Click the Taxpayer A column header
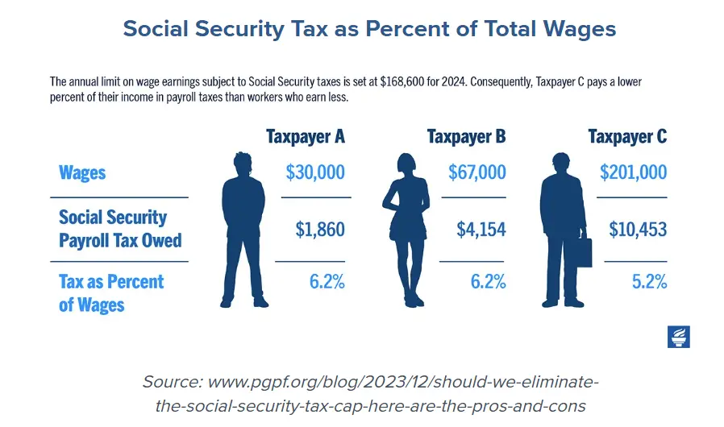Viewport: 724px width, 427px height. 305,136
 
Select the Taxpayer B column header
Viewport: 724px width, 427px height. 467,136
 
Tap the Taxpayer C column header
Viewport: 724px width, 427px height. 627,136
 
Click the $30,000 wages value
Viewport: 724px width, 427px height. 315,172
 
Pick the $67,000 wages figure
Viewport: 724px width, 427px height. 476,172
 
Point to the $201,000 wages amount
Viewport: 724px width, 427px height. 633,172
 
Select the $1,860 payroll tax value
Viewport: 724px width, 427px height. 320,230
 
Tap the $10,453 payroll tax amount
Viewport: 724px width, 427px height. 637,230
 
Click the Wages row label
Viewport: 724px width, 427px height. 82,172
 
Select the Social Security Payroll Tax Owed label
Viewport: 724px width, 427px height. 120,229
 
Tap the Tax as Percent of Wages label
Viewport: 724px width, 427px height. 111,293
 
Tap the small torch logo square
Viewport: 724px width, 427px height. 679,337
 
